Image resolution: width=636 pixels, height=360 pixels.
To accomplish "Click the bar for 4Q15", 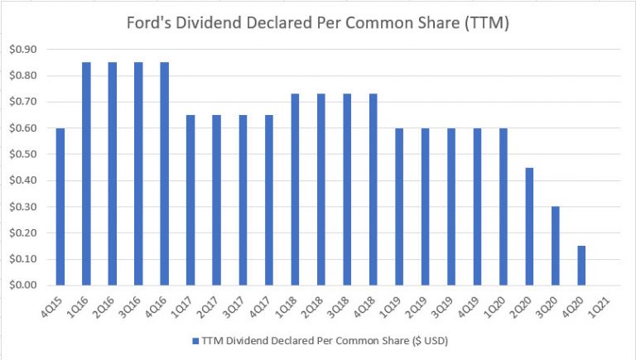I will tap(60, 207).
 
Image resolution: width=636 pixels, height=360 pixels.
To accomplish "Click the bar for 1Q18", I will tap(295, 190).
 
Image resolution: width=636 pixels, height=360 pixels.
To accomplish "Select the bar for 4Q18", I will tap(373, 190).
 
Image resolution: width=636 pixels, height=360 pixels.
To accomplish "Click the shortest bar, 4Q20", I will tap(581, 266).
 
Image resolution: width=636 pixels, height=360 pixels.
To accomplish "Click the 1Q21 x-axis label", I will tap(607, 303).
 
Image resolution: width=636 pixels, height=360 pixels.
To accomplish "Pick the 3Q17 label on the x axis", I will tap(243, 303).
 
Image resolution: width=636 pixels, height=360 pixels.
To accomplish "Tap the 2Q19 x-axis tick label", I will tap(425, 303).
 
